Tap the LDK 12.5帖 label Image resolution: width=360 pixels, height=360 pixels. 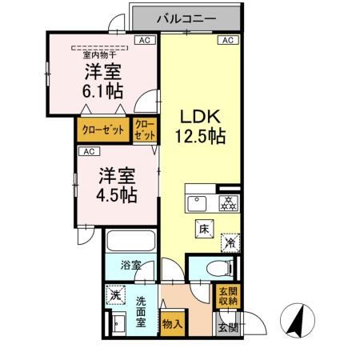[199, 126]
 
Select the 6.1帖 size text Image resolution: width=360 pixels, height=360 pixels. [101, 90]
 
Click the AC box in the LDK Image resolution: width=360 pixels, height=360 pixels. [226, 40]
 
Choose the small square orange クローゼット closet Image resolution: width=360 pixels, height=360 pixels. [145, 130]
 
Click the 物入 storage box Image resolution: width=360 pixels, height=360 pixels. [171, 324]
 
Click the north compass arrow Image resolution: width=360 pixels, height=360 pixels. [295, 321]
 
